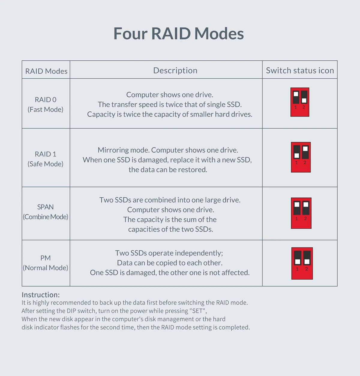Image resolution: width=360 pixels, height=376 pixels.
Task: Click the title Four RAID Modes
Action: point(178,33)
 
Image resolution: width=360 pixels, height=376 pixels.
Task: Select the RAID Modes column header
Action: point(46,71)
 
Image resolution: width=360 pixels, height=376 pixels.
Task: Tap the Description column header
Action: point(175,71)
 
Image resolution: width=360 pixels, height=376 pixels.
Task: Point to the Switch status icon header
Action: point(300,70)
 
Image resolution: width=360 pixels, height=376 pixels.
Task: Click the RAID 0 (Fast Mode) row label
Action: point(46,105)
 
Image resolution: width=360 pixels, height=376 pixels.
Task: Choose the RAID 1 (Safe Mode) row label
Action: point(46,159)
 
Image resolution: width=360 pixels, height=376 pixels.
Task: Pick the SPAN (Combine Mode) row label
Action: point(46,212)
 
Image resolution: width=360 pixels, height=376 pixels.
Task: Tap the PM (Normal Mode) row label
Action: point(46,263)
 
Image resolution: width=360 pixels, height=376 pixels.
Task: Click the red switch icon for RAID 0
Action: point(300,102)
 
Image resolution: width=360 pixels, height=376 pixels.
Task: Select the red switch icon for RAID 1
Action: point(301,157)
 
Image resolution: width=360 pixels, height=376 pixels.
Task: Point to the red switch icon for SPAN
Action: point(301,213)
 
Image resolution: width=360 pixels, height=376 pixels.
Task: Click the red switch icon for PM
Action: point(302,263)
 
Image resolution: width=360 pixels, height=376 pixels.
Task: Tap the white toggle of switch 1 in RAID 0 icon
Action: point(296,94)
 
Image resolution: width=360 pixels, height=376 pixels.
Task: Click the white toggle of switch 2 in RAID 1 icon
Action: point(305,149)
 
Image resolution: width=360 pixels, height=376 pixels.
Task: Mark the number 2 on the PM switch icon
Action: point(307,269)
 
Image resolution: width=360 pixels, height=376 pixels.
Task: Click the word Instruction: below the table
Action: point(41,295)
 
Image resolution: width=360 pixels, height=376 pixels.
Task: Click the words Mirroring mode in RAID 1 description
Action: point(124,150)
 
